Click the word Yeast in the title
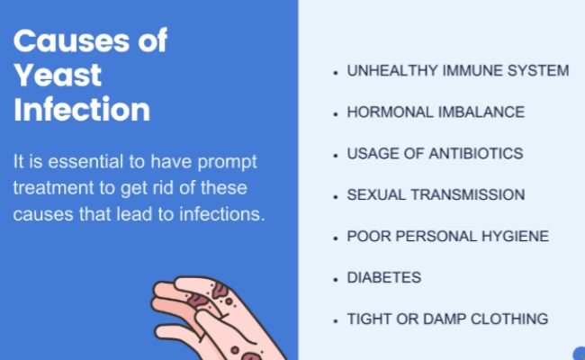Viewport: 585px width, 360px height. (58, 76)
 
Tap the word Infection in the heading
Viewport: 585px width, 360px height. (82, 109)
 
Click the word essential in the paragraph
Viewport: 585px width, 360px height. (85, 161)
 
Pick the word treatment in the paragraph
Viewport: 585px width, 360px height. (53, 188)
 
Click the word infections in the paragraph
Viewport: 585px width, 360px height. (222, 214)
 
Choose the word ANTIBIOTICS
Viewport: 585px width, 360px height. (476, 154)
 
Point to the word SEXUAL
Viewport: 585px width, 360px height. (376, 195)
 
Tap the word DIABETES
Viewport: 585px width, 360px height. (384, 278)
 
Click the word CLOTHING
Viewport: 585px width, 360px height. (509, 319)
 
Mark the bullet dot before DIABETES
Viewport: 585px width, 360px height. (336, 279)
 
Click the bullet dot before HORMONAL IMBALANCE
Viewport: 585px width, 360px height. (336, 113)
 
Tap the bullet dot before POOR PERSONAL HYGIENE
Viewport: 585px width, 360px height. (336, 238)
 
